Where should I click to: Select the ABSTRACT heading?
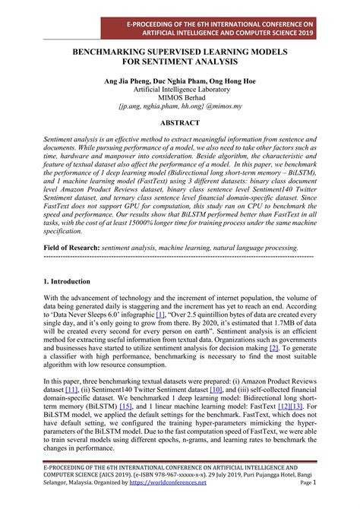click(180, 124)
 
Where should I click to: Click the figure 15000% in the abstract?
click(159, 226)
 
